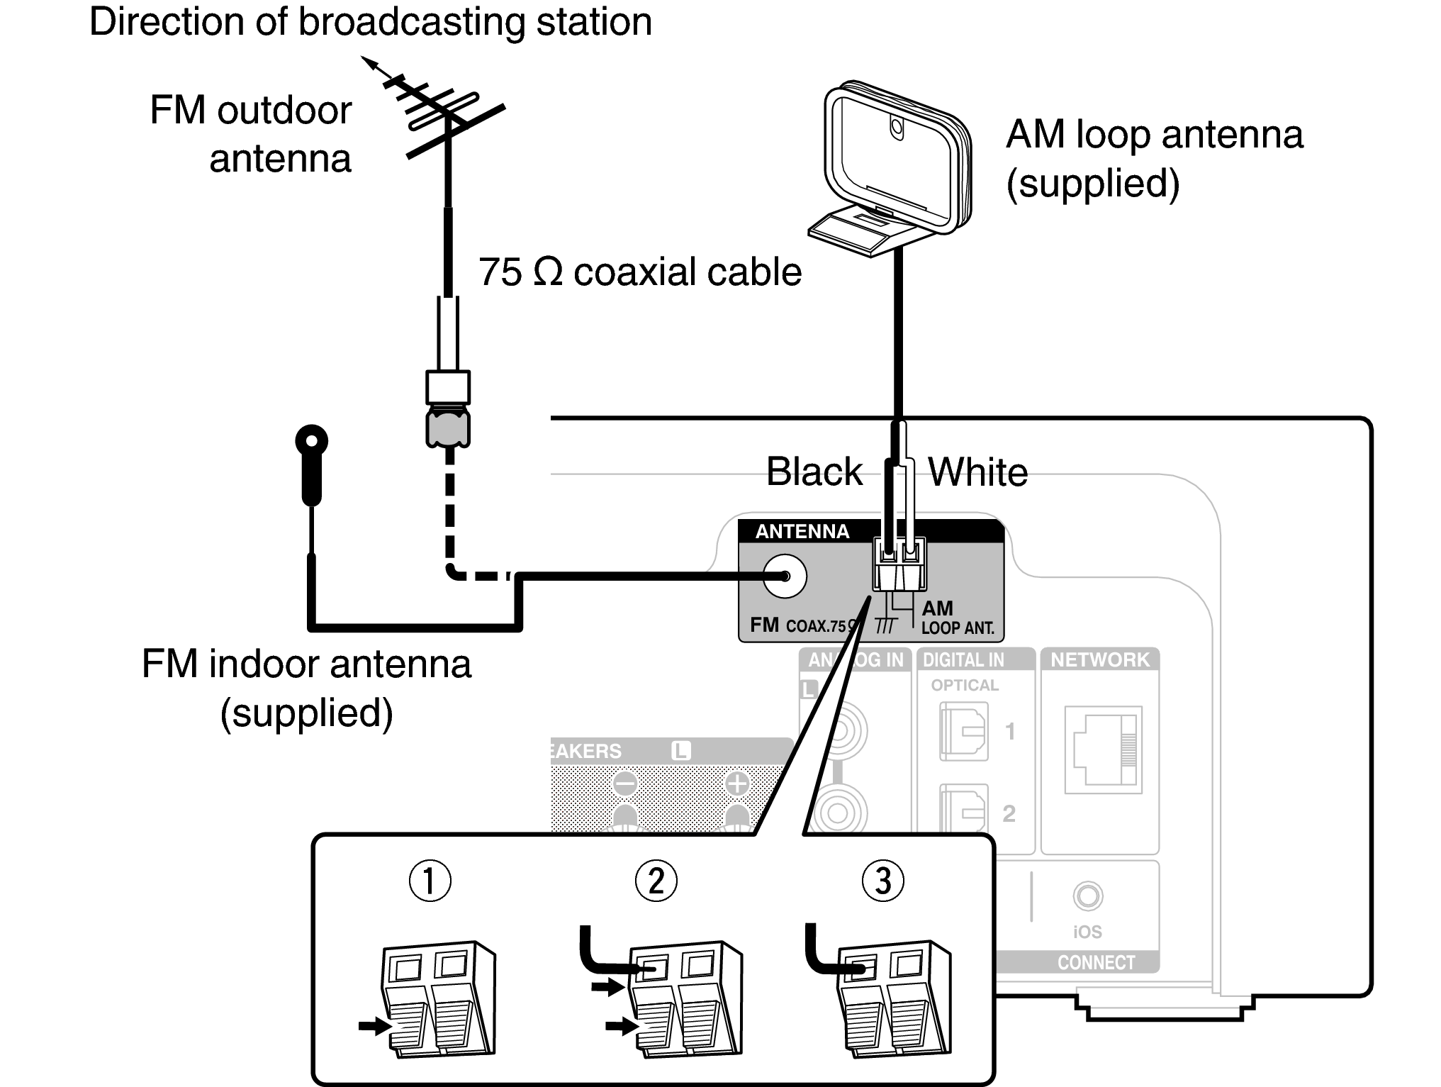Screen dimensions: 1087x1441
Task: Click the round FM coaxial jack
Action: click(785, 576)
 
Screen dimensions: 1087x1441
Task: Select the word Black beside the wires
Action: click(814, 472)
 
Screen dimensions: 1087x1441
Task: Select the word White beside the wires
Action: click(978, 472)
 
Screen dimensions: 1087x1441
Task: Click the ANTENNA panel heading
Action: click(802, 531)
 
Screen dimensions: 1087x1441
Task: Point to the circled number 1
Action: click(430, 881)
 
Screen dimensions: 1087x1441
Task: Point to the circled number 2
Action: click(656, 881)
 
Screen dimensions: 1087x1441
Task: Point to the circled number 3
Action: click(882, 881)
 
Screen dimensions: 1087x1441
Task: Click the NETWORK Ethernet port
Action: click(1103, 749)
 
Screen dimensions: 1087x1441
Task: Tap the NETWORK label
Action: click(1099, 660)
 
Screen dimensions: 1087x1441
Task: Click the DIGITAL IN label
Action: click(963, 660)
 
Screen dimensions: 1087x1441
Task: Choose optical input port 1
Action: click(963, 731)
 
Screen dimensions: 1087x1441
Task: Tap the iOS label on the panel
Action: click(1087, 932)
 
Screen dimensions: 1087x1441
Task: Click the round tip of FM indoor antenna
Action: click(311, 440)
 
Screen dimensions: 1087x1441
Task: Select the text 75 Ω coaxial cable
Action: click(639, 272)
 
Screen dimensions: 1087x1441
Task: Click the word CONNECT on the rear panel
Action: click(1096, 962)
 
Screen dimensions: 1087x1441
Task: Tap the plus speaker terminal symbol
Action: click(737, 784)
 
